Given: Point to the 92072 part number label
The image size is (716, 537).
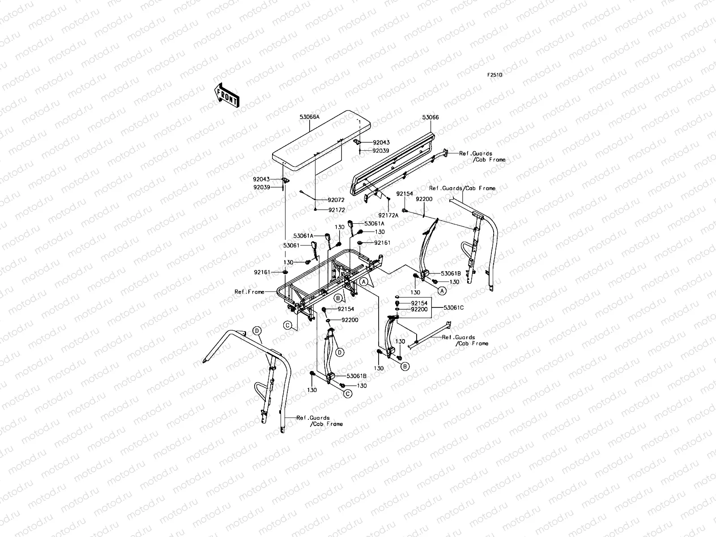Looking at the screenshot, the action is click(336, 200).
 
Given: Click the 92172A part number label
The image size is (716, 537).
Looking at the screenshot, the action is click(388, 215).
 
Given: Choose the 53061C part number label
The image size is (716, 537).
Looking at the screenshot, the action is click(453, 307).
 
